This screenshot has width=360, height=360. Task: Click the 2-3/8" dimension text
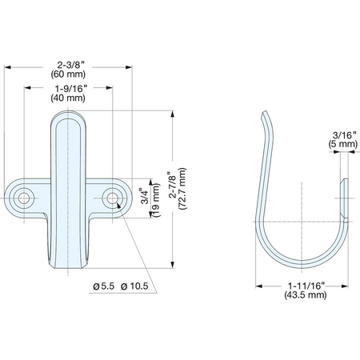71,65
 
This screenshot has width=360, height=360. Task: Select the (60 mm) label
68,74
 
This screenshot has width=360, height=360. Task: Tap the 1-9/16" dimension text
71,88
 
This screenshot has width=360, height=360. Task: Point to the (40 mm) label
68,98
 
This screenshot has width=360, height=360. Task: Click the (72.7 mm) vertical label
182,189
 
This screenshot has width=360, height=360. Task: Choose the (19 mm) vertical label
156,200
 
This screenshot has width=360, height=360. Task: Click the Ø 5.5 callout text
104,286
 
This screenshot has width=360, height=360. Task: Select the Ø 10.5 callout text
134,286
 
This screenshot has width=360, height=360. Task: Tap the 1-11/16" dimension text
306,286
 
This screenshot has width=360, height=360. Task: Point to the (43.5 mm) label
306,295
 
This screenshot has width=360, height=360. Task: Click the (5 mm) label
343,144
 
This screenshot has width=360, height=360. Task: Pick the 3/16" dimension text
345,135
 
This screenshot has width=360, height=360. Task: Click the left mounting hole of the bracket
24,198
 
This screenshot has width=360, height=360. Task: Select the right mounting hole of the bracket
112,198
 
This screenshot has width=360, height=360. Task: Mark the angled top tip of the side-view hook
264,113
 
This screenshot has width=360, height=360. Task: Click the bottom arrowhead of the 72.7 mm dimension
173,264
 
